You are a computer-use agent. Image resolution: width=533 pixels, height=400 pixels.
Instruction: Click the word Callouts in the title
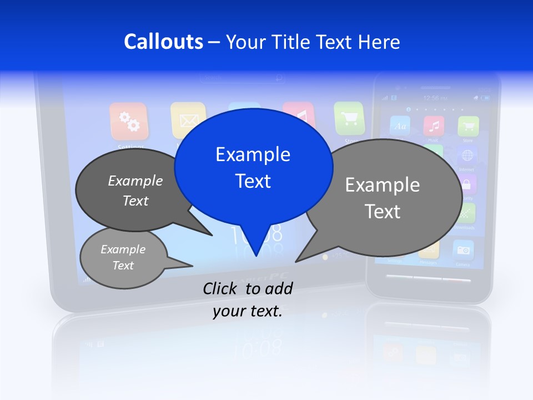163,42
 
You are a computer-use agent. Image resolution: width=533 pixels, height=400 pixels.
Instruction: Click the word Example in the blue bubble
253,154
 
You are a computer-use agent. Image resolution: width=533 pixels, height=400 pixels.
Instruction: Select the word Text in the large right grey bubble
383,212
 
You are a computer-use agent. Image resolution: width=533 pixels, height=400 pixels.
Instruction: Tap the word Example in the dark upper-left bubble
135,181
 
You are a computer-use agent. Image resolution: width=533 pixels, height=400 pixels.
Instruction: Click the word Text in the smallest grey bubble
123,266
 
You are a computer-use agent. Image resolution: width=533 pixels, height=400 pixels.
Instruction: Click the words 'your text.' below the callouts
248,312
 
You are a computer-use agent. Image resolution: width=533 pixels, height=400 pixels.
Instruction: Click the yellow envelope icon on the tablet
188,119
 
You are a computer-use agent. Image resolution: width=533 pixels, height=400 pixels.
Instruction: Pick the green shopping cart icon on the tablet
349,118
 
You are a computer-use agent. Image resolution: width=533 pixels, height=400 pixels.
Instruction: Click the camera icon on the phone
463,250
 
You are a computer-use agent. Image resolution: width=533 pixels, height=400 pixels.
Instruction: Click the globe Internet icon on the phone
467,155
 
